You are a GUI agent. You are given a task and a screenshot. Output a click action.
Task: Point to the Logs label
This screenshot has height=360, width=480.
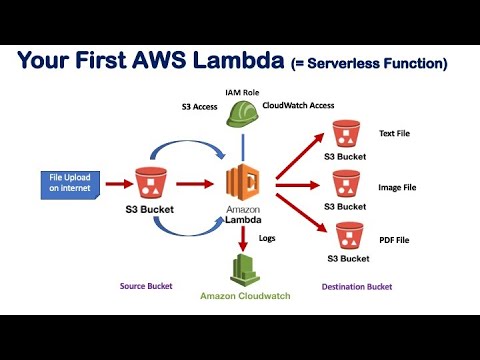[267, 239]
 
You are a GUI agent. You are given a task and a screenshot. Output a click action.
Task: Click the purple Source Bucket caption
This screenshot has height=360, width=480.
[145, 286]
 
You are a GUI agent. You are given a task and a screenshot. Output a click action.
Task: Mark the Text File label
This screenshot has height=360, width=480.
[394, 133]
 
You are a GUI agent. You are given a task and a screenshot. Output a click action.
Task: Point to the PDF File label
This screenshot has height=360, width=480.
[394, 240]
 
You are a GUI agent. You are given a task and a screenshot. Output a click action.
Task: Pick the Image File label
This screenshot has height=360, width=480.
[397, 185]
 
